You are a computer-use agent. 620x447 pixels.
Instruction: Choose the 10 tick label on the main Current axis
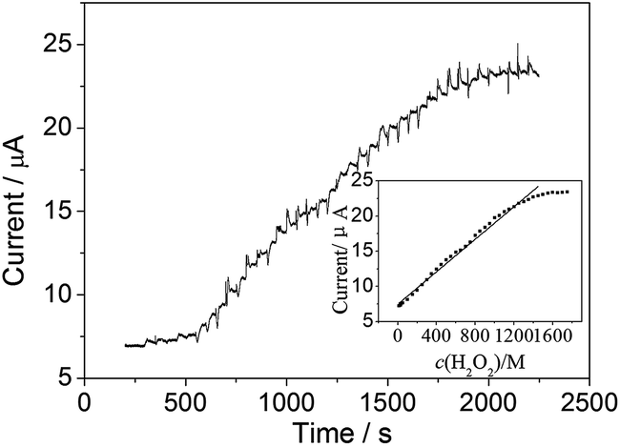60,295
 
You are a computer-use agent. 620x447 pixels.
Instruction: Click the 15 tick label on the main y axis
60,212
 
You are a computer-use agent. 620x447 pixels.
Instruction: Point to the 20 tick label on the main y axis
60,128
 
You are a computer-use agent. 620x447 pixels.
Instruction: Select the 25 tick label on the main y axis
60,45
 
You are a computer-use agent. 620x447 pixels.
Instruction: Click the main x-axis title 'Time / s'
336,432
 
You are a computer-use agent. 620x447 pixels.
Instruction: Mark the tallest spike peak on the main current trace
518,44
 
